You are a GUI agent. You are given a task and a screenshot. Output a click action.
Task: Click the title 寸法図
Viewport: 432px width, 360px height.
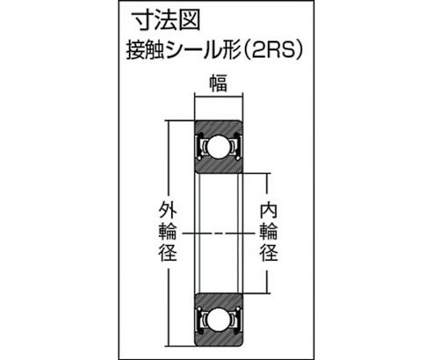coord(166,22)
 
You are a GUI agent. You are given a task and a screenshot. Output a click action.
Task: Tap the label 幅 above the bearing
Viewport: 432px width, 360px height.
coord(218,84)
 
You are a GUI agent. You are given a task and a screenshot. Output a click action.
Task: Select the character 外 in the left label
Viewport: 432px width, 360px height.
coord(167,210)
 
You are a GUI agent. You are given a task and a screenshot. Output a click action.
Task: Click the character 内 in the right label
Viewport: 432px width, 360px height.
coord(269,210)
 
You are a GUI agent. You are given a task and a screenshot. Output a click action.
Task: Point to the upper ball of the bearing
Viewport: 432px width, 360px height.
coord(218,146)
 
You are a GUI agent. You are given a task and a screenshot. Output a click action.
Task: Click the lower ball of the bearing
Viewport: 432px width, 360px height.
coord(218,319)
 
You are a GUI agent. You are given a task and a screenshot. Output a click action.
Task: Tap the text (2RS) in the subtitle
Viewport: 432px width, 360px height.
coord(273,50)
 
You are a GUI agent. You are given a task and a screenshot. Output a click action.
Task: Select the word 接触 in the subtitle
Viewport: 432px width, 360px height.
coord(145,50)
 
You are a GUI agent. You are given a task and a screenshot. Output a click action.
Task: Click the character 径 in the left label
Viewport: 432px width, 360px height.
coord(167,253)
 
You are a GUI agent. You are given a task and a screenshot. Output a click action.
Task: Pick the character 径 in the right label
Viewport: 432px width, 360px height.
coord(269,253)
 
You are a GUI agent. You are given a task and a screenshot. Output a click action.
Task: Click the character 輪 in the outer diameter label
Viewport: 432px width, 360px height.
coord(167,232)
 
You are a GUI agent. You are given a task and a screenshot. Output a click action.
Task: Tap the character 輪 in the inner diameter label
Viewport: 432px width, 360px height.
coord(269,232)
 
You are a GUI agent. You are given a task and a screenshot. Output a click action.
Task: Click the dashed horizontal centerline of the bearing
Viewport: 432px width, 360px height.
coord(218,234)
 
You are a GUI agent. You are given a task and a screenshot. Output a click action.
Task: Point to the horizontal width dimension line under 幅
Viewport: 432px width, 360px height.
coord(218,96)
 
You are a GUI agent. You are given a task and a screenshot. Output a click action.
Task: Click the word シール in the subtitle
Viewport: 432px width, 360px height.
coord(190,50)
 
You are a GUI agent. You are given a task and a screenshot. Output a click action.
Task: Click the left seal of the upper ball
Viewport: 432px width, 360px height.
coord(199,146)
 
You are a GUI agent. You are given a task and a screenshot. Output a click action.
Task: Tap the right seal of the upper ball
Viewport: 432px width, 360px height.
coord(238,146)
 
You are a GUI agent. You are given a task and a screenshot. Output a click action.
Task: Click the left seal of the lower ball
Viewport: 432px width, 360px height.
coord(199,319)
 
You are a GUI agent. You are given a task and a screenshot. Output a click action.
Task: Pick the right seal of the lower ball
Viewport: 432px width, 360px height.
coord(238,319)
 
